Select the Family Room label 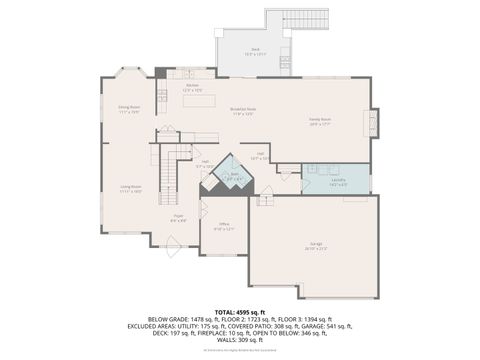coord(320,122)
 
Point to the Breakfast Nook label coord(243,111)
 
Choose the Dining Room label coord(128,109)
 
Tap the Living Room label coord(130,188)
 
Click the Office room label coord(224,227)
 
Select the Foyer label coord(178,218)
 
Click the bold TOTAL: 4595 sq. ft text coord(240,311)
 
